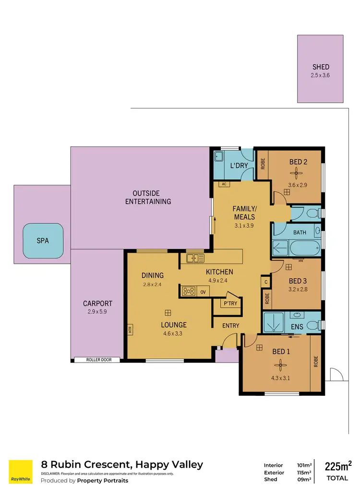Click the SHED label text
click(x=320, y=67)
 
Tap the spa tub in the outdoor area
click(x=43, y=241)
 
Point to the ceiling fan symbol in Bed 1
click(x=281, y=366)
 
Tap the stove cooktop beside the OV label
click(x=189, y=291)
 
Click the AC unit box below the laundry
click(x=224, y=184)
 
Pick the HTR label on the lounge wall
click(x=130, y=330)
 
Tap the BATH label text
click(x=300, y=232)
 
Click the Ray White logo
click(x=21, y=472)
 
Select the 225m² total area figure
click(x=338, y=466)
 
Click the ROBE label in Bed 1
click(x=315, y=361)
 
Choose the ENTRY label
click(x=230, y=326)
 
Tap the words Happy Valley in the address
click(x=169, y=464)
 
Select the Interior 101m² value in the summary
click(x=303, y=465)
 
